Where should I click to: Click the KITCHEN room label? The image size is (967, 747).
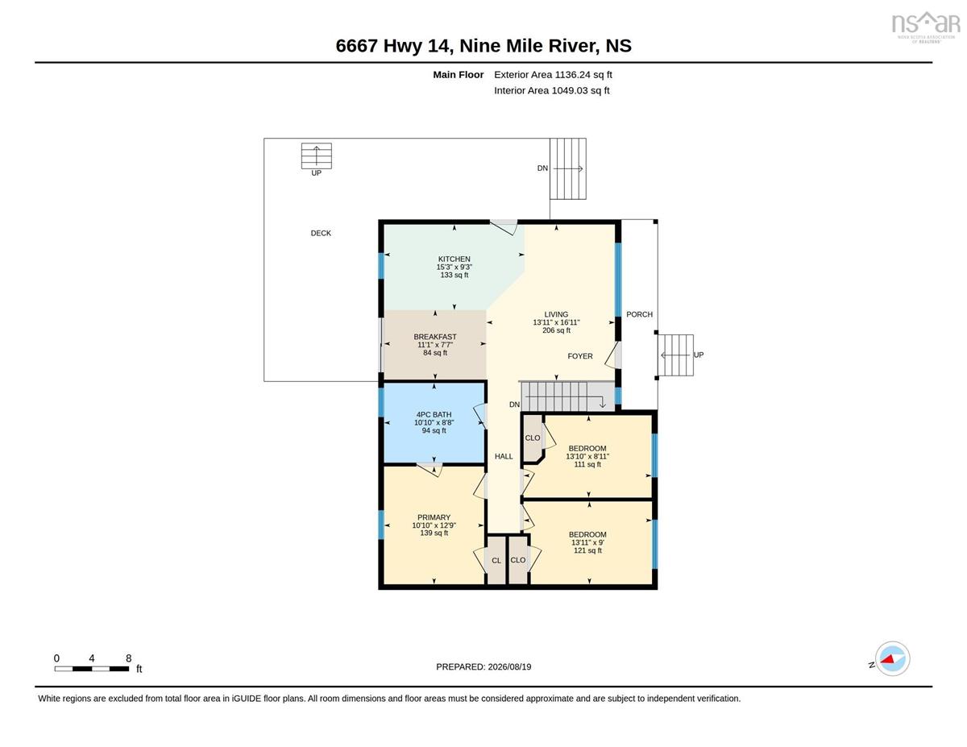click(x=454, y=259)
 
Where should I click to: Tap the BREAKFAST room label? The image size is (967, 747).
click(x=435, y=337)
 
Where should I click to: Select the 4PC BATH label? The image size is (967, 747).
click(x=434, y=415)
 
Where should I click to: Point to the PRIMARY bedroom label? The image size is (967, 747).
click(x=434, y=517)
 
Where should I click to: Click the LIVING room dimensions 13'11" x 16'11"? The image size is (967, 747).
click(x=556, y=322)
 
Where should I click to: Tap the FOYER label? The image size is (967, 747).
click(x=580, y=356)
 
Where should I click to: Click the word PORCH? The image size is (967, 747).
click(x=640, y=314)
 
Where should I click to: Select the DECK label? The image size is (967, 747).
click(x=321, y=233)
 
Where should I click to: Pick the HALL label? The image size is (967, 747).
click(x=504, y=456)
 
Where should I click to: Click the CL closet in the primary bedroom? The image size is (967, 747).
click(x=496, y=561)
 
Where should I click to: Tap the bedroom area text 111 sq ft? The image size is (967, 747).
click(x=587, y=464)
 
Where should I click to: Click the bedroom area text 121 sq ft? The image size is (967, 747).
click(x=587, y=551)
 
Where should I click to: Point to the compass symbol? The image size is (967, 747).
click(x=892, y=659)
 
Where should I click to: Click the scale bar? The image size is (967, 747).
click(x=92, y=669)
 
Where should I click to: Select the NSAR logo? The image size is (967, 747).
click(x=926, y=27)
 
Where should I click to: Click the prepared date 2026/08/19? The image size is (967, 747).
click(x=509, y=667)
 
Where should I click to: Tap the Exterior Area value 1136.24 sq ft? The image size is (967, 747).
click(x=583, y=75)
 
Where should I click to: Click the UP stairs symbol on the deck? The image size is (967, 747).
click(x=317, y=156)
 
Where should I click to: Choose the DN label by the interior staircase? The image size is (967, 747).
click(x=514, y=405)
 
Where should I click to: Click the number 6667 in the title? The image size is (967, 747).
click(x=357, y=46)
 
